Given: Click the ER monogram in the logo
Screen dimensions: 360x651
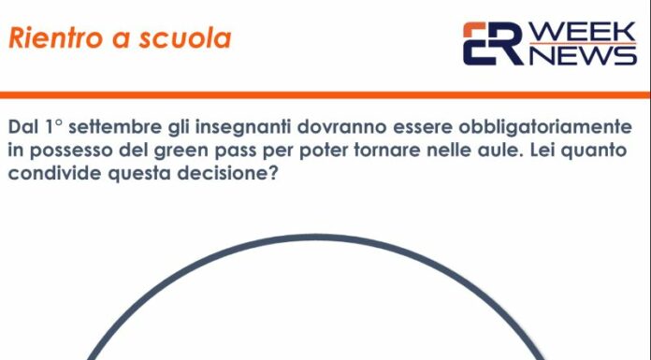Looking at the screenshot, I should (x=493, y=44).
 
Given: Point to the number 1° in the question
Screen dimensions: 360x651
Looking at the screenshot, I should (x=54, y=127).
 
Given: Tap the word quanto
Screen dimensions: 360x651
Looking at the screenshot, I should (x=597, y=151).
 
